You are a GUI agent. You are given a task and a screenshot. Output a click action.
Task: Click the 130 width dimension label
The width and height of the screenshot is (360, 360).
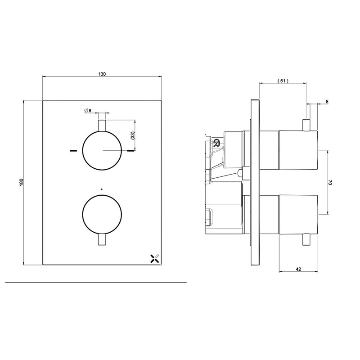102,74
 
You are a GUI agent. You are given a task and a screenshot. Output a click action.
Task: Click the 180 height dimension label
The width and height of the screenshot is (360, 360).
22,182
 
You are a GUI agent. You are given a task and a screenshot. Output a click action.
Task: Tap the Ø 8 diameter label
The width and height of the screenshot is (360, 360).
88,110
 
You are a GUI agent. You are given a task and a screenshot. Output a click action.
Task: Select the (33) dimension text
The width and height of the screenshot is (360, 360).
132,135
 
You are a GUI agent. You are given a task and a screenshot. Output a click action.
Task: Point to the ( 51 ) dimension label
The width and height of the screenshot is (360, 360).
283,81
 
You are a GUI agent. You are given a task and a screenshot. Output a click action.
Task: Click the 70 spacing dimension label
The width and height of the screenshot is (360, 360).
330,183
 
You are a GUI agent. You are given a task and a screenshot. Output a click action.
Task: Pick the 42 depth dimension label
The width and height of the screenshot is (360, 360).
298,269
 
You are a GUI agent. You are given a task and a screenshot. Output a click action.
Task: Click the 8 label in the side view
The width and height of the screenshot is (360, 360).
327,102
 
